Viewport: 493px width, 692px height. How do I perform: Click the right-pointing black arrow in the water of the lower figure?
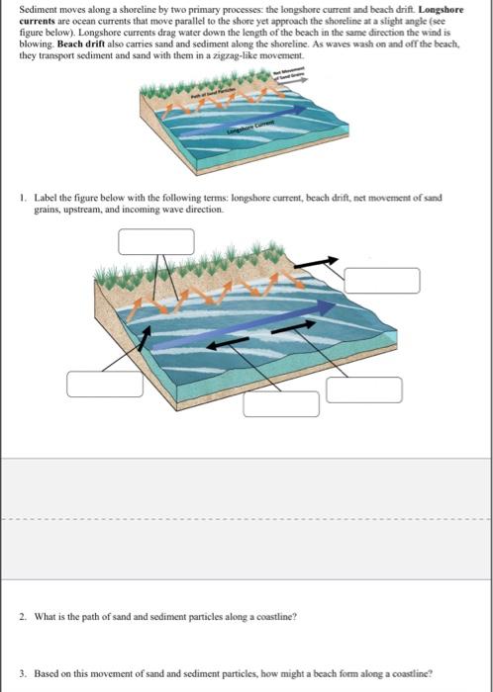(x=294, y=324)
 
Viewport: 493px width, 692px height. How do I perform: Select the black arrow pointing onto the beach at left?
(x=146, y=338)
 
